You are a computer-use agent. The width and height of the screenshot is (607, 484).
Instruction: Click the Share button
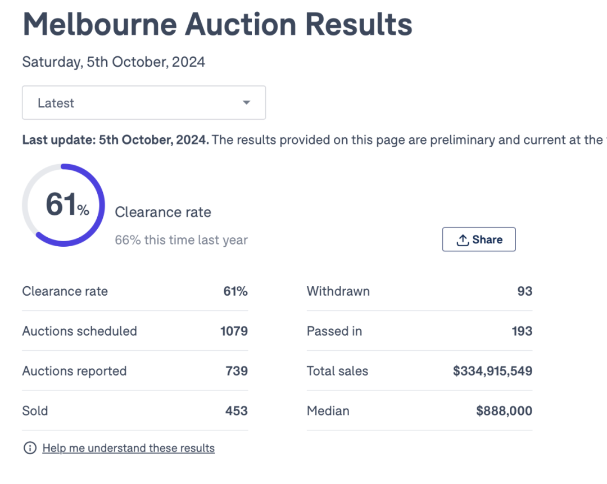click(x=479, y=239)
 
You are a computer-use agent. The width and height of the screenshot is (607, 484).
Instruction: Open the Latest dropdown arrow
click(x=246, y=103)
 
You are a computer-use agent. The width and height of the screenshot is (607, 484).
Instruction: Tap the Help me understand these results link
click(x=128, y=448)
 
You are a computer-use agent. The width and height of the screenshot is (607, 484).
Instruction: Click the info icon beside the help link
click(x=29, y=448)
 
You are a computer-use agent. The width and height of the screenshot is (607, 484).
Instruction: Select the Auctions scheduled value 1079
click(x=234, y=331)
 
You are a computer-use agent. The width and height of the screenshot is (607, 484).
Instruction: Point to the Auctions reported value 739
click(x=237, y=371)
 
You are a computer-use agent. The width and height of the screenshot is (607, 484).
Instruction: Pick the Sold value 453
click(x=237, y=411)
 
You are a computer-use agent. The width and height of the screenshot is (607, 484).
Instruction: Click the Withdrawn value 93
click(x=524, y=291)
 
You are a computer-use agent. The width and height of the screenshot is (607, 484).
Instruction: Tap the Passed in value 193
click(x=522, y=331)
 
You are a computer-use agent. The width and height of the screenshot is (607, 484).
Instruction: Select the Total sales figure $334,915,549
click(x=492, y=371)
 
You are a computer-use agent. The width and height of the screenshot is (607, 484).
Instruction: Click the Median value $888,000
click(x=504, y=411)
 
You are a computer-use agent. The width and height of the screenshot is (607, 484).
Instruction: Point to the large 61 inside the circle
click(x=61, y=205)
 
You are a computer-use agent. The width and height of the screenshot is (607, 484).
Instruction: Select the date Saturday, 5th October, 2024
click(x=114, y=62)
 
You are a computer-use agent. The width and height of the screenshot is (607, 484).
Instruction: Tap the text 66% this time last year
click(x=181, y=240)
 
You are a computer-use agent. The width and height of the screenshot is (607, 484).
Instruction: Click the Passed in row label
click(x=334, y=331)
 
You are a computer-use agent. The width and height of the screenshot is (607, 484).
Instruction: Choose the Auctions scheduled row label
click(x=79, y=331)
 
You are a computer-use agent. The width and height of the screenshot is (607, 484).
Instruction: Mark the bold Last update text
click(x=115, y=139)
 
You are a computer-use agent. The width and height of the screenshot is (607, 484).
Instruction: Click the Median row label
click(x=328, y=411)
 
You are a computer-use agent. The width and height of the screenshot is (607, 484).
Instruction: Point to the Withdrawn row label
click(x=338, y=291)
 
